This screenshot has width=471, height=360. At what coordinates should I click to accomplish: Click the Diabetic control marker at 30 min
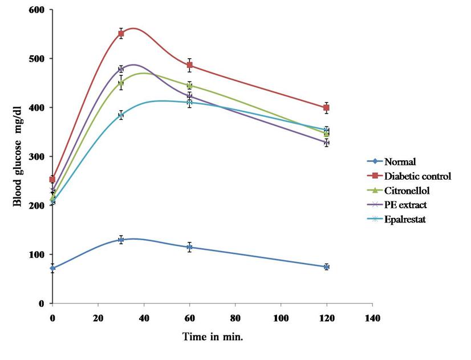coord(121,34)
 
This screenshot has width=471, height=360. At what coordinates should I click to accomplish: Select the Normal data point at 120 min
coord(326,266)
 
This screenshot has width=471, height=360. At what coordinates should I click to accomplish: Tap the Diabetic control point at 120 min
coord(326,108)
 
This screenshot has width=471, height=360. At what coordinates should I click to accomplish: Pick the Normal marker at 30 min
coord(121,240)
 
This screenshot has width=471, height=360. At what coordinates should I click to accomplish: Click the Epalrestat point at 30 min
coord(121,115)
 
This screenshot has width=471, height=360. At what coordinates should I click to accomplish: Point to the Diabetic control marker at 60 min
coord(189,65)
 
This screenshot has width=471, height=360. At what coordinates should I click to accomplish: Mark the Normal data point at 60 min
coord(189,247)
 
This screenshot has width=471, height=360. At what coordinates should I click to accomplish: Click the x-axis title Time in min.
coord(213,337)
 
